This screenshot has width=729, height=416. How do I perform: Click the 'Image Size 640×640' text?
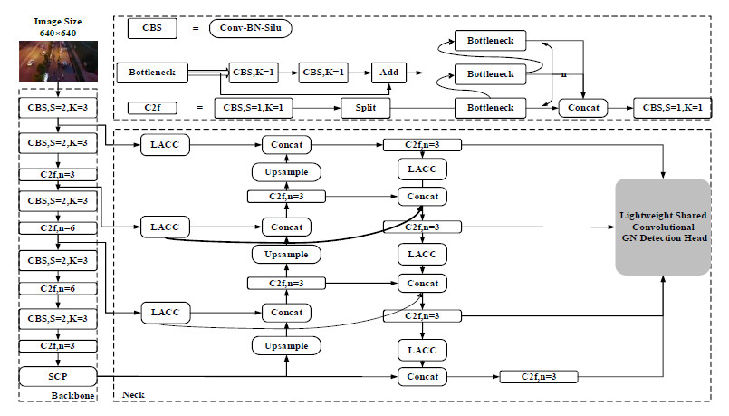[56, 26]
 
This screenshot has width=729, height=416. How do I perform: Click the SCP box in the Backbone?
[57, 375]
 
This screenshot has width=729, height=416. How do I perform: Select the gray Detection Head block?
[664, 227]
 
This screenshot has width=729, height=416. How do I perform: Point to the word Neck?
[133, 395]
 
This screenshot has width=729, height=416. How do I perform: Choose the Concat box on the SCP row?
[422, 375]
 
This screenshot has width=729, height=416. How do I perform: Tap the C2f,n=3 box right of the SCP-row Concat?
[539, 375]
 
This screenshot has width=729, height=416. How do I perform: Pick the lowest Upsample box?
[286, 346]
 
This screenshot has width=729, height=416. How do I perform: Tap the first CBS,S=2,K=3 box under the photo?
[57, 107]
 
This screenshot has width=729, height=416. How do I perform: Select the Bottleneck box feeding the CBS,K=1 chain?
[151, 72]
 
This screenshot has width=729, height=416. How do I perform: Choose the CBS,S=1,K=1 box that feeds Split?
[254, 108]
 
